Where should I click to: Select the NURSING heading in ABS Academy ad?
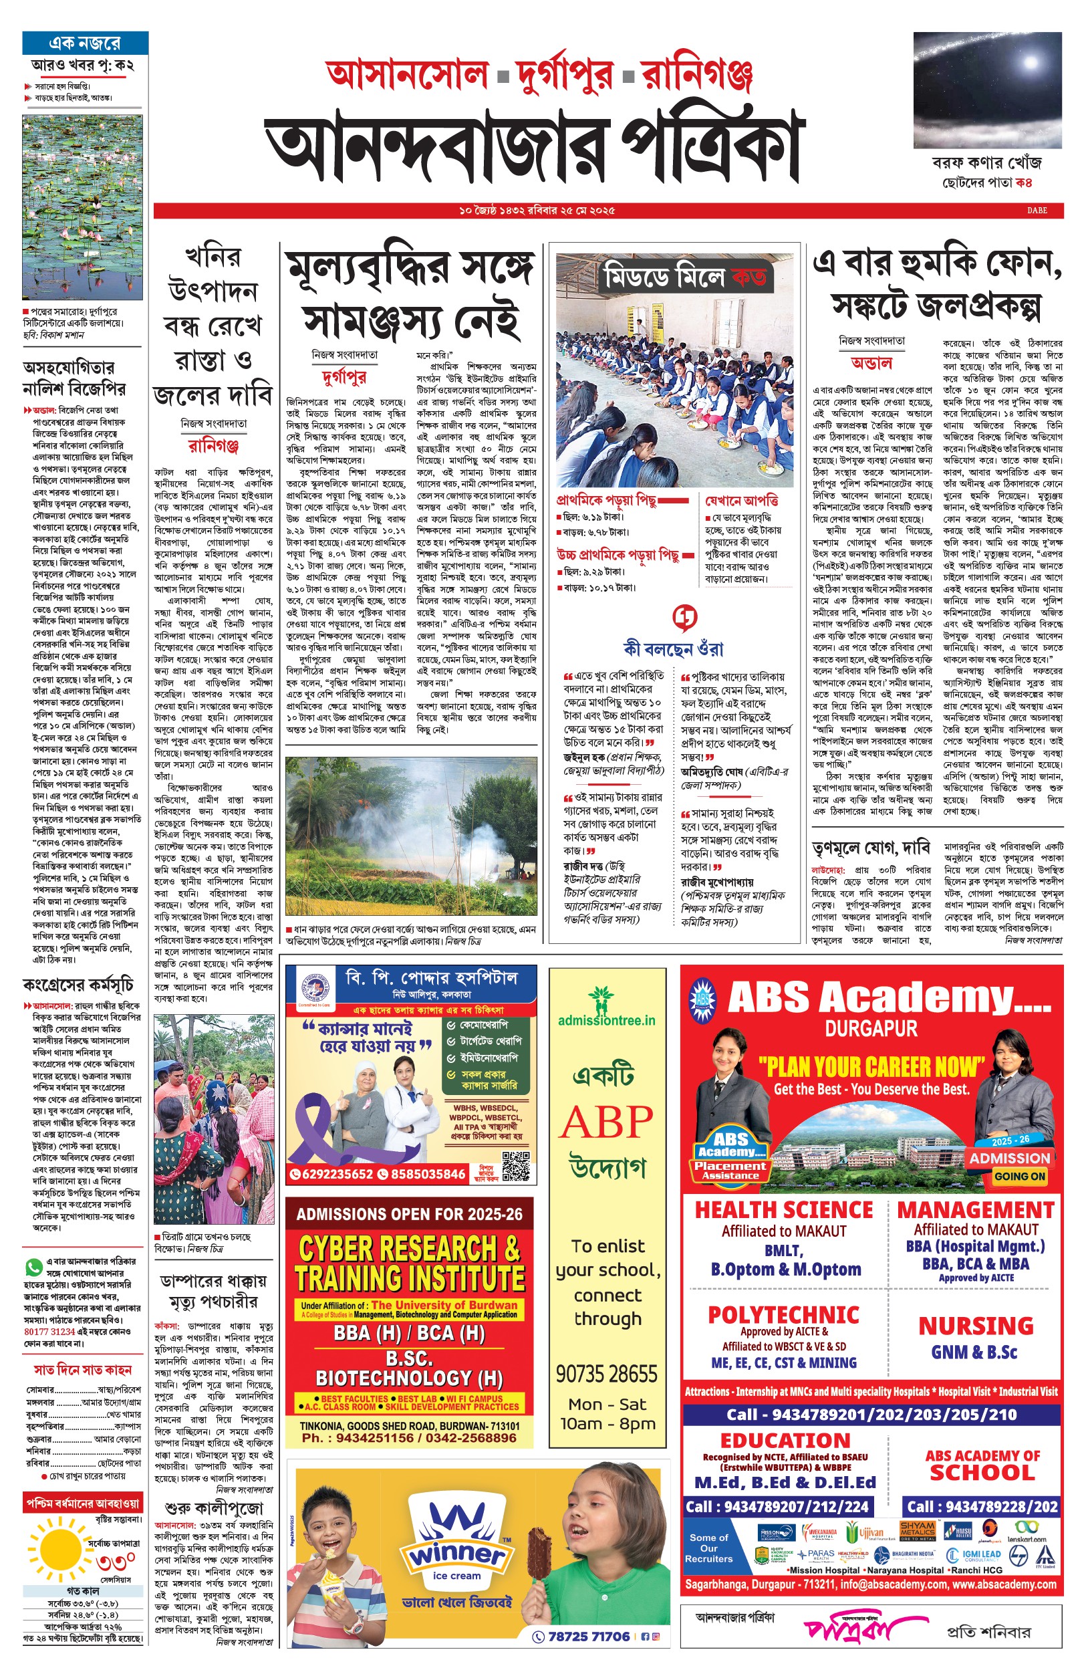tap(975, 1326)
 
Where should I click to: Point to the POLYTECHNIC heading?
tap(783, 1316)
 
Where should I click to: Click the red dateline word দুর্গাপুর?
tap(344, 378)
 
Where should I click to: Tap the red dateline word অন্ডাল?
tap(871, 363)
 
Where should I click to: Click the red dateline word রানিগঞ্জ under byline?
tap(214, 446)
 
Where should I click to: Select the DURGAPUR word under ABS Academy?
tap(871, 1029)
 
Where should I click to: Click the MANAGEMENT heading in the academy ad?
tap(975, 1209)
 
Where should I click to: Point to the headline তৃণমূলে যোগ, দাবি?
tap(871, 847)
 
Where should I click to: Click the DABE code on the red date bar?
tap(1037, 210)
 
